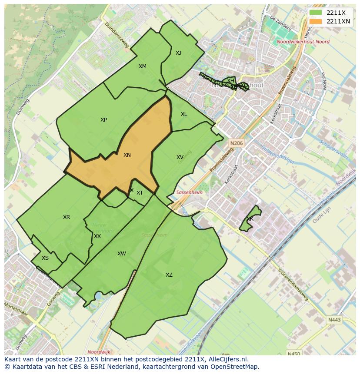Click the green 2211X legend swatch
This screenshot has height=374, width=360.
click(316, 13)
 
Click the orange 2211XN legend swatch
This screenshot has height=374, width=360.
click(316, 21)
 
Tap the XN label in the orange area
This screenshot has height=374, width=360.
click(127, 155)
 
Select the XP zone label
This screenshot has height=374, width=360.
click(103, 120)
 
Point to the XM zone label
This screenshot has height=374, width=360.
click(143, 66)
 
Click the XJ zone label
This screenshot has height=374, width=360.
click(178, 53)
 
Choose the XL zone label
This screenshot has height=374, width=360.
click(184, 114)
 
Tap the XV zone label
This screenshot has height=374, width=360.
click(180, 157)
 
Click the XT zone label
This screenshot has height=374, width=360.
click(140, 193)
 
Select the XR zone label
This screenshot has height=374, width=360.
click(67, 217)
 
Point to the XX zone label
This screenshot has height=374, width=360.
click(97, 236)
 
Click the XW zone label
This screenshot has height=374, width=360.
click(121, 254)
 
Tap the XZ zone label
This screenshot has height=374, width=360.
click(169, 275)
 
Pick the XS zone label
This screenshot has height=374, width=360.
click(45, 258)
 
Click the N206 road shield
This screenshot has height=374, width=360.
click(237, 143)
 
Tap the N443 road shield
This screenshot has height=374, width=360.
click(334, 320)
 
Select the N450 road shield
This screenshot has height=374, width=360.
click(294, 354)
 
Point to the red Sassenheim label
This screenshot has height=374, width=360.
click(189, 192)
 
